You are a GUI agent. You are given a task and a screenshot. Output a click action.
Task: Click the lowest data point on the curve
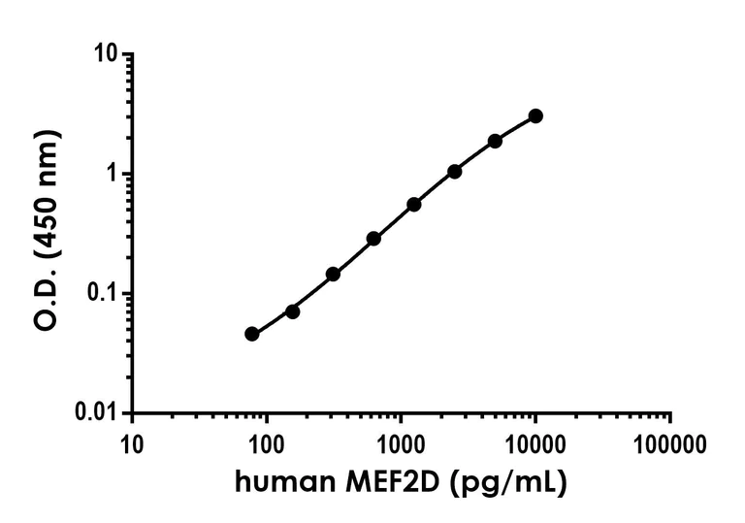252,334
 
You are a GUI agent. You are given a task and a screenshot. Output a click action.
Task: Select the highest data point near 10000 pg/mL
535,115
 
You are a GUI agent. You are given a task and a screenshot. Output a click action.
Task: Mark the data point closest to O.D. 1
454,171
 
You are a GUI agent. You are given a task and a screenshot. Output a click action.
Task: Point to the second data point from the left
292,311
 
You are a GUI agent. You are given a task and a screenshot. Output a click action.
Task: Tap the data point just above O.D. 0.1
333,274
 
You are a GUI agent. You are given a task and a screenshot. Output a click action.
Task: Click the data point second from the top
495,141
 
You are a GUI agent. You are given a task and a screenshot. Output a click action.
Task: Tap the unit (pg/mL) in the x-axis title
511,482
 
